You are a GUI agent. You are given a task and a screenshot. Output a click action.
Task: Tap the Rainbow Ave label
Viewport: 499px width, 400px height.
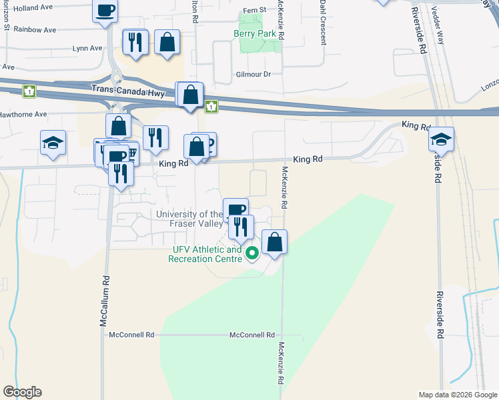pos(35,30)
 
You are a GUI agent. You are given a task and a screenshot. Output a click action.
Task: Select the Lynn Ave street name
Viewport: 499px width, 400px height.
pos(87,48)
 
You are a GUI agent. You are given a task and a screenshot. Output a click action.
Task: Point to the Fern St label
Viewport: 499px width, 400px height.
pos(254,10)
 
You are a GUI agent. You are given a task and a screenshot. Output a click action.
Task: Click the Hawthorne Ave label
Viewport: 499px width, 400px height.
pos(23,115)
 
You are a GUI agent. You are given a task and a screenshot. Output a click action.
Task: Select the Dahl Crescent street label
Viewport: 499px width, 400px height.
pos(322,21)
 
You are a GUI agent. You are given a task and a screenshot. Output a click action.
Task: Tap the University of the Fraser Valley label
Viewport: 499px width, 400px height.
pos(190,219)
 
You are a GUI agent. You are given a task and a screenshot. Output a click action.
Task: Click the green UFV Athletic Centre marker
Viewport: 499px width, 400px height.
pos(252,253)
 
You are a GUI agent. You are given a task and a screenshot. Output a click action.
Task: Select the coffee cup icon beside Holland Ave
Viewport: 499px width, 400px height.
pos(105,11)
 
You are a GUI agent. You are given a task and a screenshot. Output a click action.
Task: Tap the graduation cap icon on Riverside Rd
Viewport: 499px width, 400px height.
pos(441,139)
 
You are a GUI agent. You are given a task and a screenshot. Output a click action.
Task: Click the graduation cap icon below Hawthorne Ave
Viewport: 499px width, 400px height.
pos(53,143)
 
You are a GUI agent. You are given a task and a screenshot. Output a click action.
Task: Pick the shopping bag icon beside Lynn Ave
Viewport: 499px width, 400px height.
pos(167,42)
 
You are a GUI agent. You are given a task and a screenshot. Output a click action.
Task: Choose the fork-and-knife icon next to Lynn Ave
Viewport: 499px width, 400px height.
pos(135,42)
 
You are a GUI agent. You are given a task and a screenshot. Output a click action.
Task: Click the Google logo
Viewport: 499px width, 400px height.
pos(22,392)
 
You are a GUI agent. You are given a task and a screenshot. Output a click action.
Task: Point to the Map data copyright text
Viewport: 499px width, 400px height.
pos(457,395)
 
